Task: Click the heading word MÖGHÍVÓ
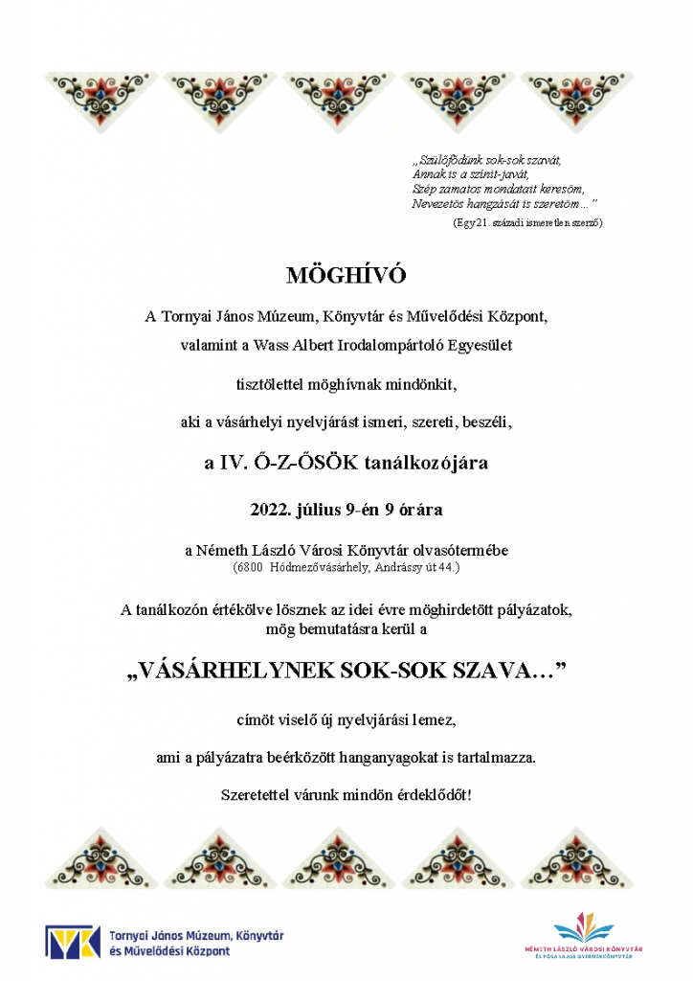pyautogui.click(x=346, y=276)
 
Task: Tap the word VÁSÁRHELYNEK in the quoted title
pyautogui.click(x=236, y=672)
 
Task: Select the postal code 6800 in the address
pyautogui.click(x=250, y=567)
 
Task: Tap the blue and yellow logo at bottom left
pyautogui.click(x=73, y=942)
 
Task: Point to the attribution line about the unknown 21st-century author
pyautogui.click(x=527, y=222)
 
